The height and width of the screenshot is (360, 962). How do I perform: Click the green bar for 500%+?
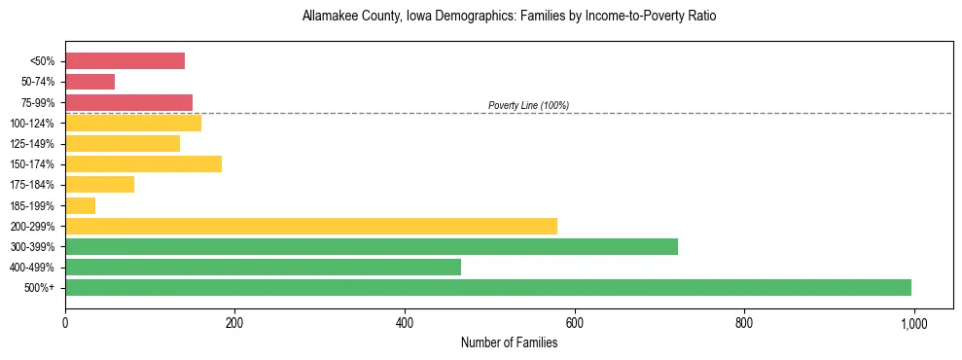tap(488, 287)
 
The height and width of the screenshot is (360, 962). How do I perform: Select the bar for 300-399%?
tap(372, 246)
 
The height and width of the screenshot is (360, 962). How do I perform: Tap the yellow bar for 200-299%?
tap(311, 226)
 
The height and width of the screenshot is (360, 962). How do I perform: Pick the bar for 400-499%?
tap(263, 267)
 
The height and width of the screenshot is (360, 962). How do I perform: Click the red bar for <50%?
tap(125, 61)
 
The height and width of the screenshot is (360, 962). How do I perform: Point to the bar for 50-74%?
tap(89, 82)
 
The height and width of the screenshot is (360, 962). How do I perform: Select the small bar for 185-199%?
tap(80, 205)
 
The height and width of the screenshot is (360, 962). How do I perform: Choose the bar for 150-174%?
tap(143, 163)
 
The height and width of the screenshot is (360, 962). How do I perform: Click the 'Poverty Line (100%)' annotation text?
tap(528, 105)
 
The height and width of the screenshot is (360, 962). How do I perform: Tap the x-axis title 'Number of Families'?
tap(509, 342)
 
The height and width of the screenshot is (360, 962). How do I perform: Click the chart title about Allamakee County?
tap(509, 18)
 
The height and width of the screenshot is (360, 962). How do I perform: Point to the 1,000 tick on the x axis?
tap(913, 322)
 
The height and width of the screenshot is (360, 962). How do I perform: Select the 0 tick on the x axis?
tap(65, 322)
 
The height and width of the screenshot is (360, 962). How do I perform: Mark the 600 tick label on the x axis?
tap(574, 322)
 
